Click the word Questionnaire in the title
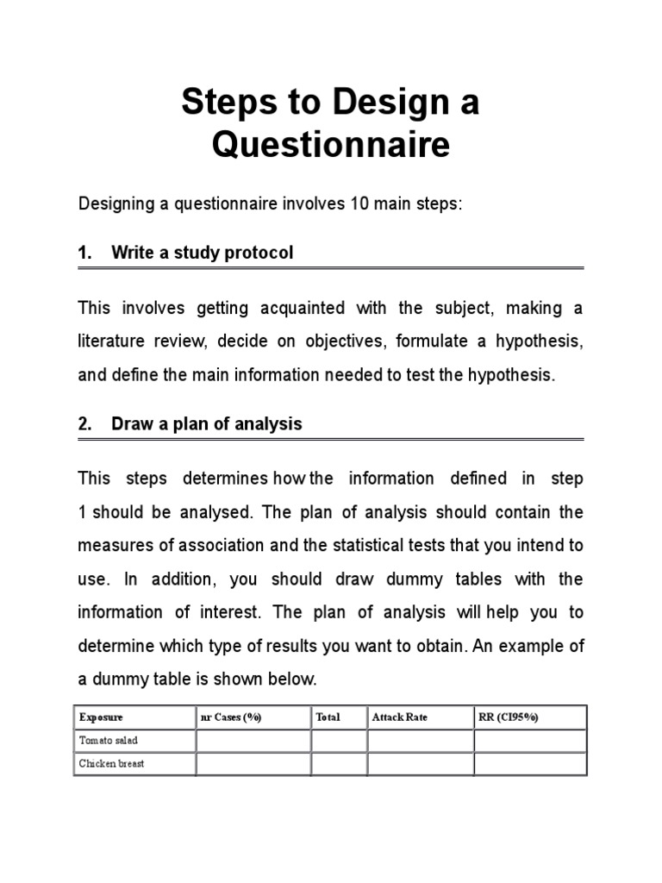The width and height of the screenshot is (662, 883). click(331, 145)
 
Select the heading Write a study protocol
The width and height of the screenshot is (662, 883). click(203, 253)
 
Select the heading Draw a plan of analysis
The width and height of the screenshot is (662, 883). click(207, 424)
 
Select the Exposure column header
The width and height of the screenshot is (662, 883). click(101, 717)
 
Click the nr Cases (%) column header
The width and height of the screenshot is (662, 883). click(230, 717)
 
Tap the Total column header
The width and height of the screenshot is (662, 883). click(328, 717)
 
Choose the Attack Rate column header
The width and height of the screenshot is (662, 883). click(399, 717)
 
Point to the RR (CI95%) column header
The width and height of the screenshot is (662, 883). click(509, 717)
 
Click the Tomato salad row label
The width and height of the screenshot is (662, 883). click(109, 741)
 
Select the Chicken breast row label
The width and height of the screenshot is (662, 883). click(112, 764)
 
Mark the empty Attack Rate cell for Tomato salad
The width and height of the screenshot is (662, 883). click(421, 741)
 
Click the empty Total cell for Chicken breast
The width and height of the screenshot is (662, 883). click(339, 764)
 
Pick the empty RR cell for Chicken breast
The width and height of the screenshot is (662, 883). click(529, 764)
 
